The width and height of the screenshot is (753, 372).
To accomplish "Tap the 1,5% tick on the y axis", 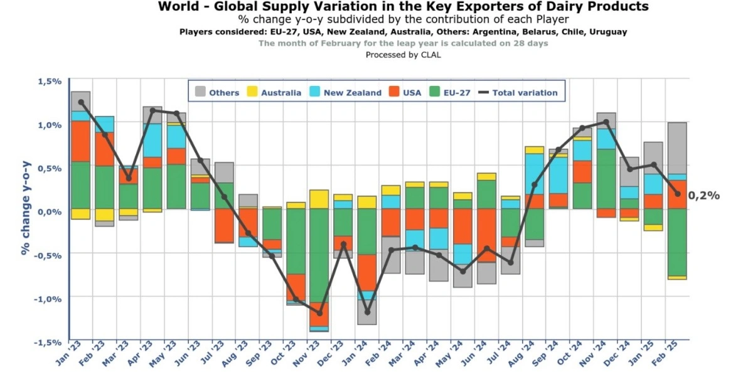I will click(49, 82).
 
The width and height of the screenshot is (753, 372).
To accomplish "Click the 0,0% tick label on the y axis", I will click(49, 211).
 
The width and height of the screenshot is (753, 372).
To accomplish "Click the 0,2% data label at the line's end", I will click(704, 196).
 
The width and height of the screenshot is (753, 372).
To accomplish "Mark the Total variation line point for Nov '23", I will click(319, 313).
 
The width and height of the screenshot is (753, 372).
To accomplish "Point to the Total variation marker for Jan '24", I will click(366, 312).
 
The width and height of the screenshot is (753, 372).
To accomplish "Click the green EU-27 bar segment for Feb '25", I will click(677, 242).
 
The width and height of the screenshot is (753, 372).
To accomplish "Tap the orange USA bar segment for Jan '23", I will click(80, 141).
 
